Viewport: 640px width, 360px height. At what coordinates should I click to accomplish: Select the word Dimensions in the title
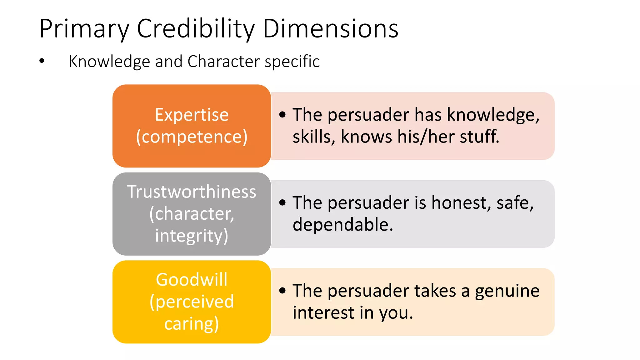click(x=331, y=29)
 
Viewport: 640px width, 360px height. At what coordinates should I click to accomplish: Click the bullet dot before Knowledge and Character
click(x=42, y=61)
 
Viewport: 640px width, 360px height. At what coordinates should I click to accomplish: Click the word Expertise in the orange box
click(x=192, y=115)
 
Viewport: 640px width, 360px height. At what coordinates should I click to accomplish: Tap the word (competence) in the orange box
click(x=192, y=137)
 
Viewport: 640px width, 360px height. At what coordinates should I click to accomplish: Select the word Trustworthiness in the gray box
click(x=192, y=192)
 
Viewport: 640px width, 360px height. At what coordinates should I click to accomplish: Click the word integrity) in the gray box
click(x=192, y=236)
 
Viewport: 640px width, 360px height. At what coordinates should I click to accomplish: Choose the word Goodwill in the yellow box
click(x=192, y=280)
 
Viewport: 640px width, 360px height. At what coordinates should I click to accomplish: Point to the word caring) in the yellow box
click(x=192, y=324)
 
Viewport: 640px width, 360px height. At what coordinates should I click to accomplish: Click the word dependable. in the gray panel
click(x=343, y=225)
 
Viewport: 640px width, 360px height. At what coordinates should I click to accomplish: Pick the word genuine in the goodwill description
click(x=507, y=291)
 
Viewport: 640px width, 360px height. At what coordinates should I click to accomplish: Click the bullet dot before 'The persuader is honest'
click(x=282, y=203)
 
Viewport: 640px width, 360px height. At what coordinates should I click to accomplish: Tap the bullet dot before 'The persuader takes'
click(x=282, y=291)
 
